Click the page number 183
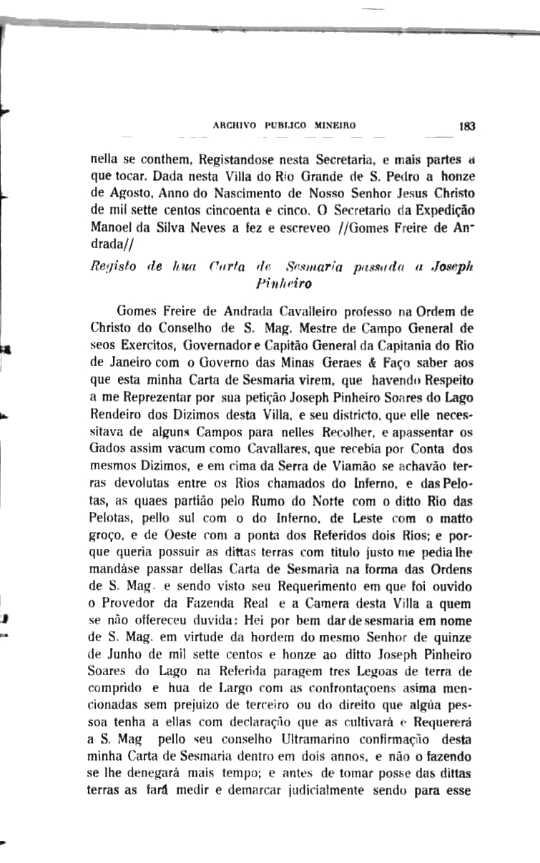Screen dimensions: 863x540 tap(468, 125)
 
